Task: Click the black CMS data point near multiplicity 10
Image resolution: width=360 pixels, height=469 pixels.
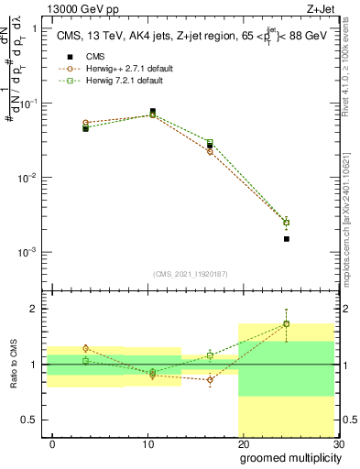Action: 152,112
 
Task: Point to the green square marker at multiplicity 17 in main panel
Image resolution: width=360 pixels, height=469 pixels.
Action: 210,142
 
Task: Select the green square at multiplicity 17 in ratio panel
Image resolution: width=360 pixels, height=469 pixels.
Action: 210,354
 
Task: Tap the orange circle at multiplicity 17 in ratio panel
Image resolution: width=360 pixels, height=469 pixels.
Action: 210,379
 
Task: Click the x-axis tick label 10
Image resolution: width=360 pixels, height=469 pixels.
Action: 148,443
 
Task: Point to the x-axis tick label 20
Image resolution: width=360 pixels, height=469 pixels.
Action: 243,443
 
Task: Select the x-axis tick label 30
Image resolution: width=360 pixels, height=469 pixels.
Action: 338,443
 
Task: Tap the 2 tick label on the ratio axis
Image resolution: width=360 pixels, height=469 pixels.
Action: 33,309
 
